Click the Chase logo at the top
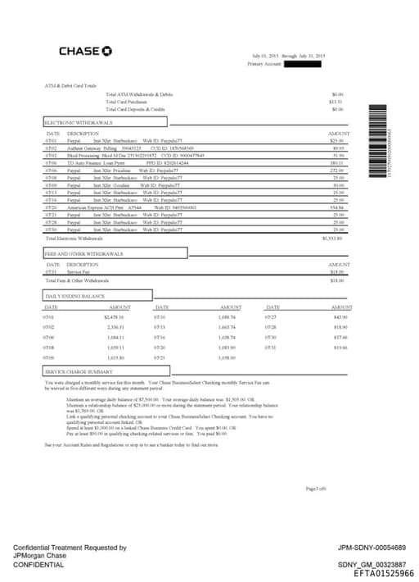pyautogui.click(x=85, y=52)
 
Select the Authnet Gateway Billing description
pyautogui.click(x=94, y=148)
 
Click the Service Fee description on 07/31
pyautogui.click(x=79, y=272)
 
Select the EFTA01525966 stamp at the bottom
pyautogui.click(x=383, y=574)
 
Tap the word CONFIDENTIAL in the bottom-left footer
pyautogui.click(x=38, y=565)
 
